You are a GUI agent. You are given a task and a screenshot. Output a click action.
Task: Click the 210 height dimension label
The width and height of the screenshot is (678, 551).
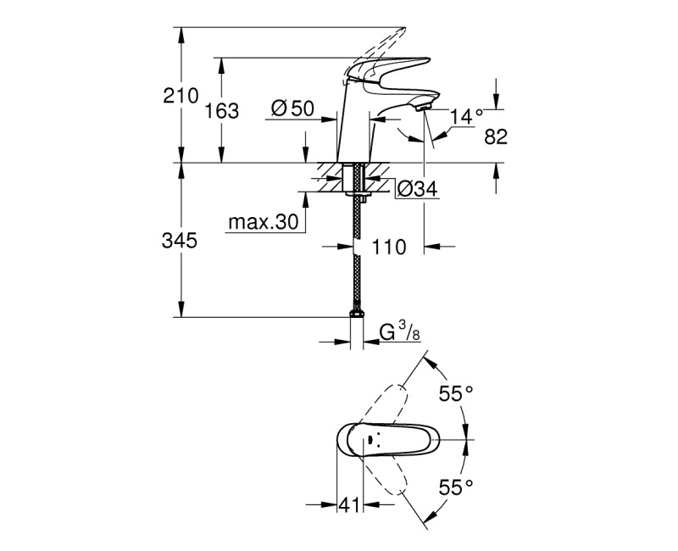pos(180,95)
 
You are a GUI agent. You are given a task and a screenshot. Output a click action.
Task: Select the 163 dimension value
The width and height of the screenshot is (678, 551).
pos(222,110)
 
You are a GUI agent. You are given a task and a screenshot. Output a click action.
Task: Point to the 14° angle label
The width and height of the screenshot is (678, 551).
pos(467,115)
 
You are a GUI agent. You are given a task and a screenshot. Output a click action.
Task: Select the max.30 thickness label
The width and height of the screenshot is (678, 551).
pos(263,222)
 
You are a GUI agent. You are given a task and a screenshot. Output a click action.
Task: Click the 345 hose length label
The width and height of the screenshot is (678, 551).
pos(180,242)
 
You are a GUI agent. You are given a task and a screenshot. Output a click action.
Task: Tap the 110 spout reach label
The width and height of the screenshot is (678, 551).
pos(389,247)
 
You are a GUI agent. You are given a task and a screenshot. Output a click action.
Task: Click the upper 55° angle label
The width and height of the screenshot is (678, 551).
pos(455,393)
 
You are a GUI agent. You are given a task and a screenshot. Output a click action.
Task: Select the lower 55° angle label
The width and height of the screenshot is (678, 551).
pos(455,487)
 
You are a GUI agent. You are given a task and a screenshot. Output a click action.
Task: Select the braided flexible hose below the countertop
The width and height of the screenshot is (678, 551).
pos(357,271)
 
